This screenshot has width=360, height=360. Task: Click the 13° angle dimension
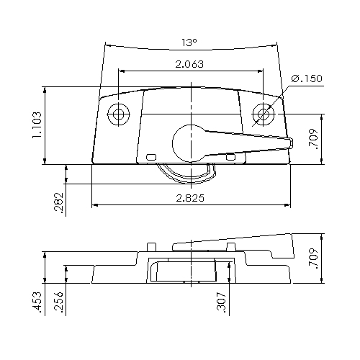click(x=189, y=42)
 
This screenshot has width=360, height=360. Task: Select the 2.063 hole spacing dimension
click(x=189, y=64)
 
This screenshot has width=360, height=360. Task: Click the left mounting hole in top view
click(x=118, y=114)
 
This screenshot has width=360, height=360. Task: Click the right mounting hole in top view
click(x=264, y=114)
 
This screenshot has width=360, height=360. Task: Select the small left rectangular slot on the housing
click(x=150, y=156)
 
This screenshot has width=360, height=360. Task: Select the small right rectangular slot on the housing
click(x=230, y=156)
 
